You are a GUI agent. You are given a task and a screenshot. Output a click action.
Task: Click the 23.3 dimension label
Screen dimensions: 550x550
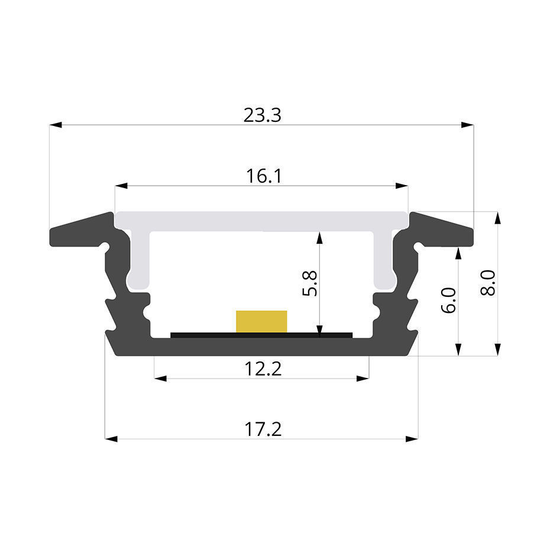click(x=263, y=115)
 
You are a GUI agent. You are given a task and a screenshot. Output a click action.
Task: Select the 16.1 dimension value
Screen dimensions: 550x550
click(x=264, y=176)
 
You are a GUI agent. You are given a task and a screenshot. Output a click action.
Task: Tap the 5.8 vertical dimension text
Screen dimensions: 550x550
click(x=310, y=283)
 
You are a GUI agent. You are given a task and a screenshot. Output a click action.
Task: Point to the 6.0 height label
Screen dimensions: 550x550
click(x=448, y=300)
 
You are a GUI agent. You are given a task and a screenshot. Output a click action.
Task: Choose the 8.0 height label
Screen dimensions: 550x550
click(x=488, y=283)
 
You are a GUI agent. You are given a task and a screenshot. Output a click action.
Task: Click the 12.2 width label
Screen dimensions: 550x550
click(x=263, y=369)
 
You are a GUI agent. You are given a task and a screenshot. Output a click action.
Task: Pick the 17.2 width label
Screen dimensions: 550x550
click(x=263, y=429)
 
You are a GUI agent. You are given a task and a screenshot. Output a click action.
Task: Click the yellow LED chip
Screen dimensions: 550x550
click(x=261, y=321)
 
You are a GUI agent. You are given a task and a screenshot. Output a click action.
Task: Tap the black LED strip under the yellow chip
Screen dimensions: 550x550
click(x=261, y=335)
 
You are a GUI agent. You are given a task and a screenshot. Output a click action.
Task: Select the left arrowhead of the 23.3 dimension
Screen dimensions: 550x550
click(x=56, y=125)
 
